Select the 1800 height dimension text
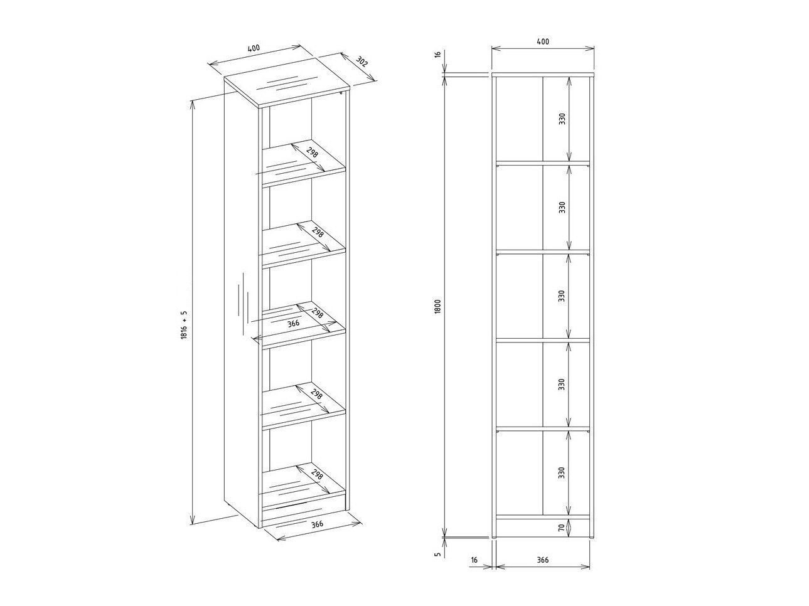tap(437, 307)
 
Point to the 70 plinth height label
tap(561, 528)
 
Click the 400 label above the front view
tap(543, 41)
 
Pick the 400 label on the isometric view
tap(254, 49)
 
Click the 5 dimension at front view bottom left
tap(437, 554)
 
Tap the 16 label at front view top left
tap(437, 54)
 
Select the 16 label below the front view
tap(474, 560)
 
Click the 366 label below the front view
tap(542, 560)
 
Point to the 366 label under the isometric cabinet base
tap(317, 524)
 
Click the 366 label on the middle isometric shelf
tap(293, 324)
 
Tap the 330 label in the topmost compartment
tap(562, 119)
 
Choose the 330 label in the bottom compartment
tap(561, 472)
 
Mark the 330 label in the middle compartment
tap(561, 296)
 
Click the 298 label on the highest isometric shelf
tap(312, 152)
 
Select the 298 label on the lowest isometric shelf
tap(317, 474)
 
